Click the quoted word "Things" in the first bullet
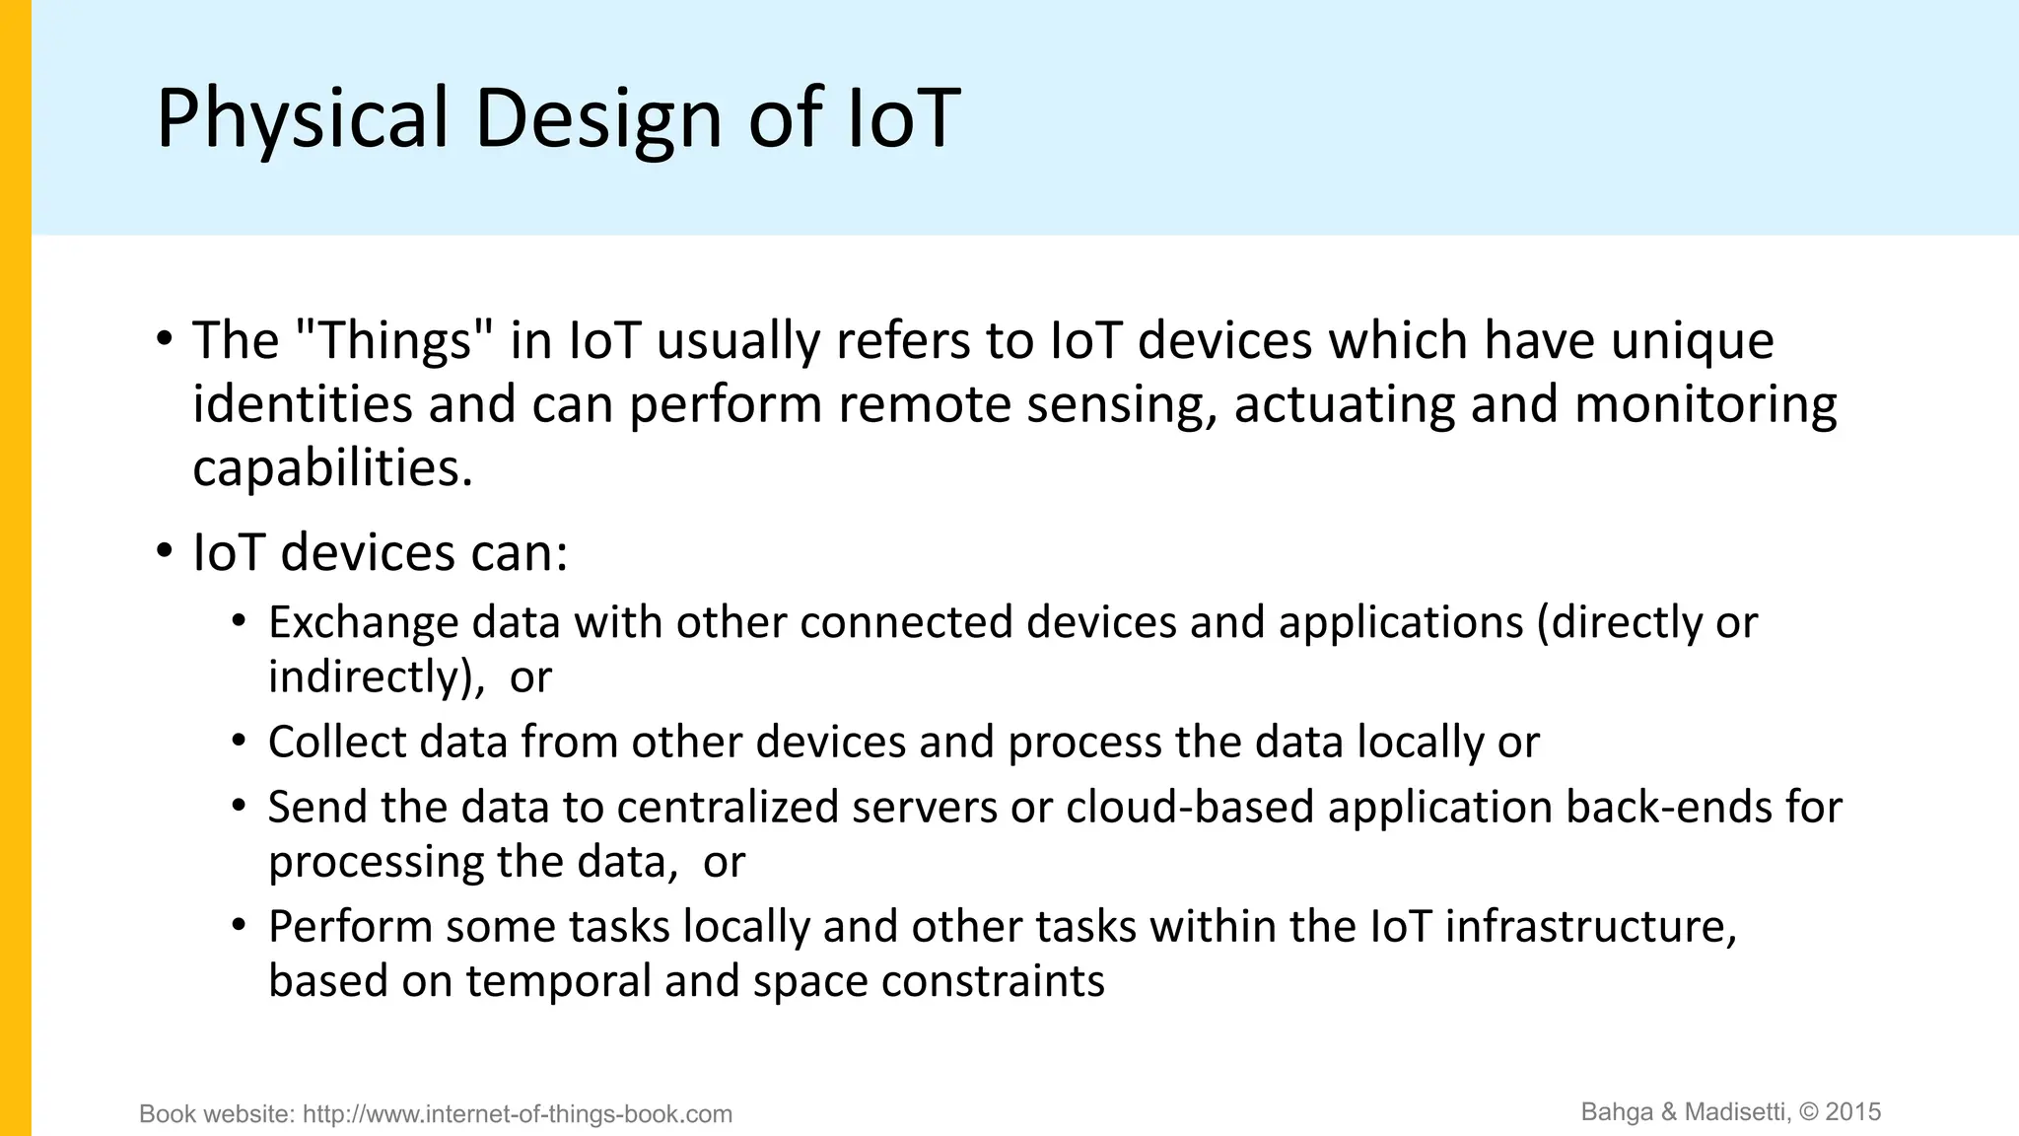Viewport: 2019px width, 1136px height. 393,340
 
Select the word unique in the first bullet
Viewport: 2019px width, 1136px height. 1693,340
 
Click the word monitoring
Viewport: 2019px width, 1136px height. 1706,404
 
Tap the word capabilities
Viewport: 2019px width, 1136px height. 332,467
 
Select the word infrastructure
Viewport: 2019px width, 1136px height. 1590,926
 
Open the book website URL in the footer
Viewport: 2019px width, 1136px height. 517,1114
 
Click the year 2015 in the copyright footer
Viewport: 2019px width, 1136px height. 1853,1112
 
